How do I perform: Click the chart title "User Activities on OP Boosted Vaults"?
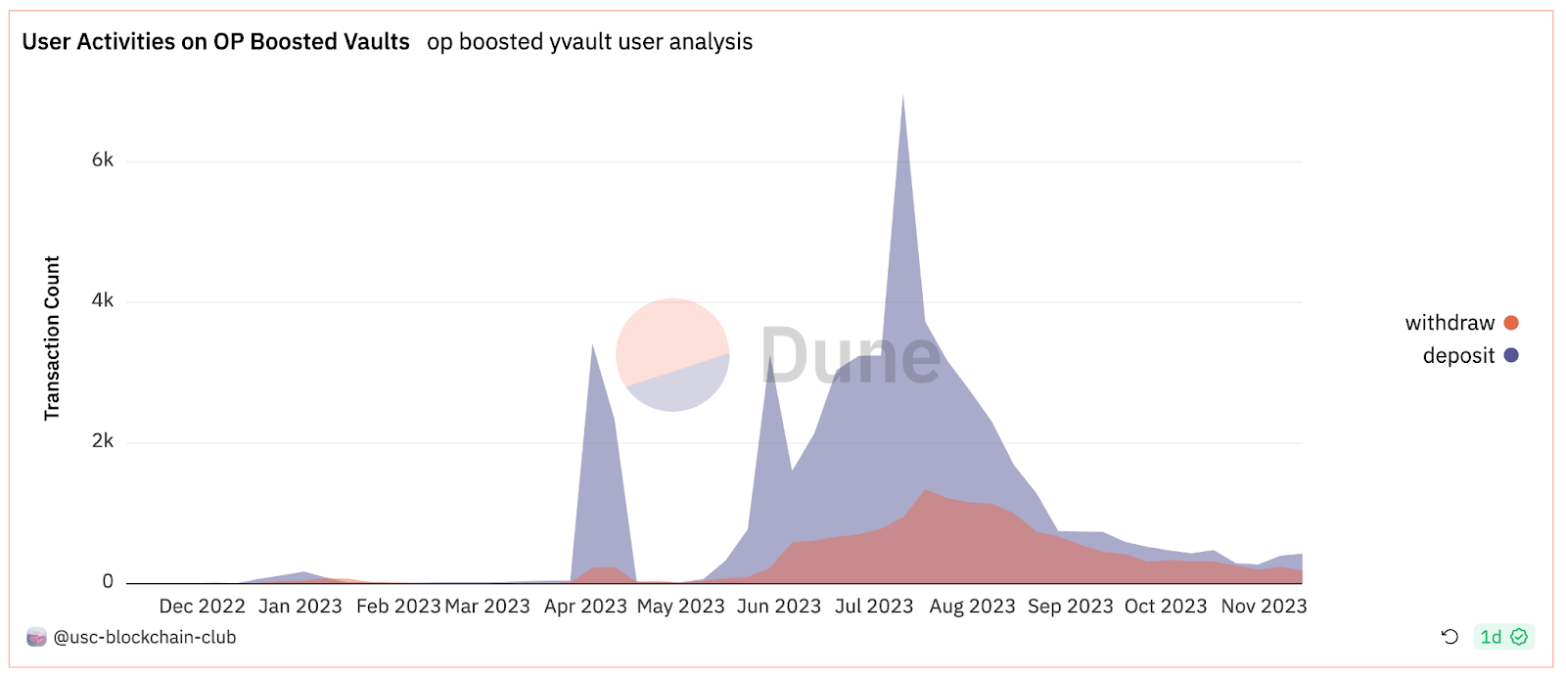(215, 42)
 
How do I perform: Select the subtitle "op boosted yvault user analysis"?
(589, 42)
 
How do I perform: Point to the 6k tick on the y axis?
(103, 160)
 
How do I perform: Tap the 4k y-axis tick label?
(103, 300)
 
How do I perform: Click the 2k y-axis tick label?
(103, 441)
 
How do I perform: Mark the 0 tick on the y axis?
(108, 582)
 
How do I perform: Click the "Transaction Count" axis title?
(52, 338)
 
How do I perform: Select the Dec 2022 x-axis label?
(202, 607)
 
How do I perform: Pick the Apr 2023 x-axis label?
(585, 607)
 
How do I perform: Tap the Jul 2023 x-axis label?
(874, 607)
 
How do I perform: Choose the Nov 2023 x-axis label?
(1264, 607)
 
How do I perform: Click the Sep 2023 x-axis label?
(1070, 607)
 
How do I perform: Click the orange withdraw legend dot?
(1511, 323)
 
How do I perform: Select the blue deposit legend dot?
(1511, 355)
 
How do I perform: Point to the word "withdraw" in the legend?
(1450, 323)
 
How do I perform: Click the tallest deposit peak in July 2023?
(902, 97)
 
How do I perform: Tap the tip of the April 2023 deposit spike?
(592, 345)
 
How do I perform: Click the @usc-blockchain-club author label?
(144, 638)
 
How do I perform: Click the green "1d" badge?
(1503, 637)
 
